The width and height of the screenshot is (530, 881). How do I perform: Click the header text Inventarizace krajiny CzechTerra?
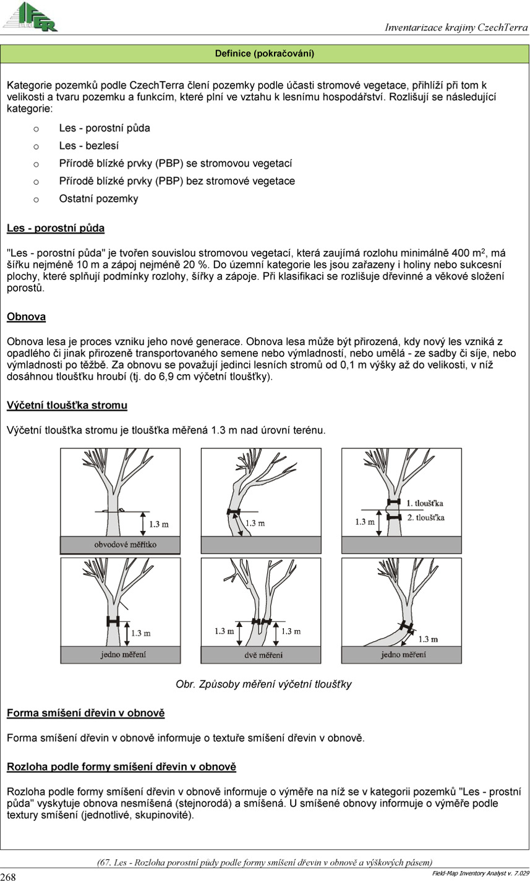point(456,28)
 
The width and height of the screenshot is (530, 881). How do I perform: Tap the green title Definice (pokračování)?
point(265,54)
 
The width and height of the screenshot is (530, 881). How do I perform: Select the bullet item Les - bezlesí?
point(89,146)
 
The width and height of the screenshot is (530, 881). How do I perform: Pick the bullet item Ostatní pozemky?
point(98,199)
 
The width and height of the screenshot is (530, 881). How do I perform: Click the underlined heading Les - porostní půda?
point(56,229)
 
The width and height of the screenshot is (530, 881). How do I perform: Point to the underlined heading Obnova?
point(27,317)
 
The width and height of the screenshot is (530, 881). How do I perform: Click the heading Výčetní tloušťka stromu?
point(67,406)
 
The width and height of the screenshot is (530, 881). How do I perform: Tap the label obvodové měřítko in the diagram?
point(121,545)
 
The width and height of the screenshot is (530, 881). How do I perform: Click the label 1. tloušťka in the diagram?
point(425,502)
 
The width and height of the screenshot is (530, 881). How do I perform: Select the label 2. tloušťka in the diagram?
point(425,517)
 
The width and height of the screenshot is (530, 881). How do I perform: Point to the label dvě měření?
point(261,655)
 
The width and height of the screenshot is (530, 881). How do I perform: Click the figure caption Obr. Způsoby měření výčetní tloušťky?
point(264,684)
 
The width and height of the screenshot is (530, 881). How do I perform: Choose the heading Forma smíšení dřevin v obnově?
point(85,713)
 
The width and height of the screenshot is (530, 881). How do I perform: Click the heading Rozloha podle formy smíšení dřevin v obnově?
point(121,767)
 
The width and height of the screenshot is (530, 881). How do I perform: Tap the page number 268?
point(8,876)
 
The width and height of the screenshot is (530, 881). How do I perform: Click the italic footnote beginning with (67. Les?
point(265,862)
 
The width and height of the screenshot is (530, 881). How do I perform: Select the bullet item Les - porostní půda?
point(105,129)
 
